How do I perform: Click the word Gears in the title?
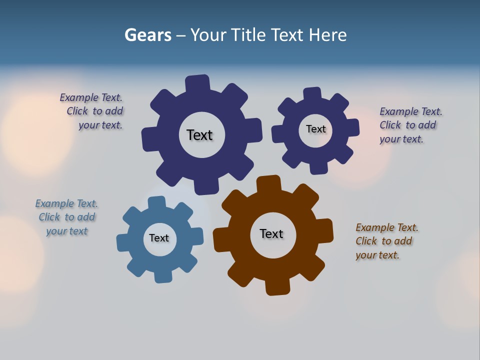point(147,35)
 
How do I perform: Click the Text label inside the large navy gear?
point(199,135)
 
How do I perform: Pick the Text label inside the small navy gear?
point(315,129)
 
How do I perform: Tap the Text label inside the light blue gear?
point(159,238)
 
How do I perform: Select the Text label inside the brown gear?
point(271,233)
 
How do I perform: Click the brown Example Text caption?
point(386,241)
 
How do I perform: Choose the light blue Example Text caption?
point(66,217)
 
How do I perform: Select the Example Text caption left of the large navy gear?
point(92,111)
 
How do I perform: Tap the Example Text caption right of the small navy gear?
point(410,125)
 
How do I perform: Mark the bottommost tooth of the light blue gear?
point(162,276)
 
